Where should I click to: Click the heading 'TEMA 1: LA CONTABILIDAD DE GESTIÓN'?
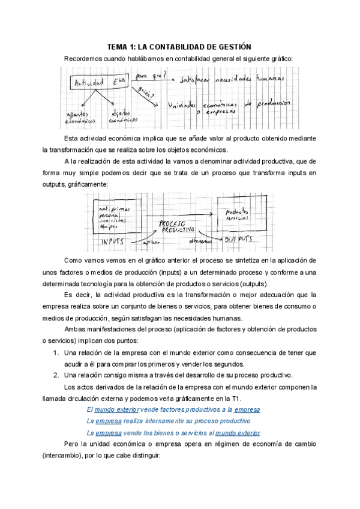coord(179,46)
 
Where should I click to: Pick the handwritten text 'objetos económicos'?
coord(122,116)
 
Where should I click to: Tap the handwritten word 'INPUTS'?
coord(113,240)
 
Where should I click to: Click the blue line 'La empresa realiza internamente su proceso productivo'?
coord(173,421)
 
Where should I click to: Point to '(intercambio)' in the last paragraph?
coord(62,456)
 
